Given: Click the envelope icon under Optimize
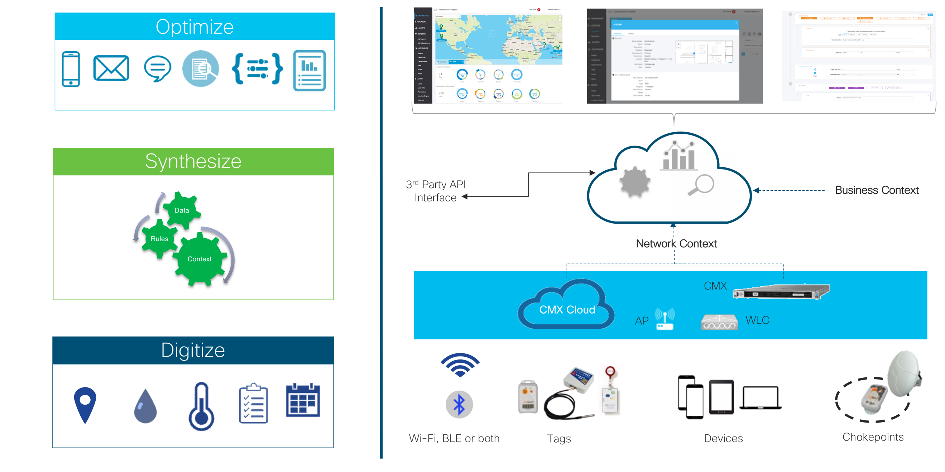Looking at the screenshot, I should click(111, 68).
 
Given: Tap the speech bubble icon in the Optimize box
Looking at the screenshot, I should click(157, 68).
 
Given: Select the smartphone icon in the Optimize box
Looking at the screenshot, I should click(71, 69).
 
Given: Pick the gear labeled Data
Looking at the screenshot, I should click(182, 210).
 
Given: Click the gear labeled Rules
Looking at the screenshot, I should click(159, 239).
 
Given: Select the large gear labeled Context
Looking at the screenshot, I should click(200, 259).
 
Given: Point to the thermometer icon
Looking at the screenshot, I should click(201, 407).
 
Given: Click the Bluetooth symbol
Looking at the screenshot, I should click(459, 405).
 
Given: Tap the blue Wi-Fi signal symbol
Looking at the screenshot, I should click(460, 364).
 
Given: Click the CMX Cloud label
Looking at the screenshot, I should click(567, 309).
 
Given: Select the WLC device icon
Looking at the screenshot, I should click(719, 322).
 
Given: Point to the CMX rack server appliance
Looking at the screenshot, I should click(781, 292).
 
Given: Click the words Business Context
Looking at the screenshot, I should click(877, 190).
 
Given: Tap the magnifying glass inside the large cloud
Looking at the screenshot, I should click(701, 185).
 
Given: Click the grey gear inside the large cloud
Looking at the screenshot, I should click(635, 182).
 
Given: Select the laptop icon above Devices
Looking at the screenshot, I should click(761, 397).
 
